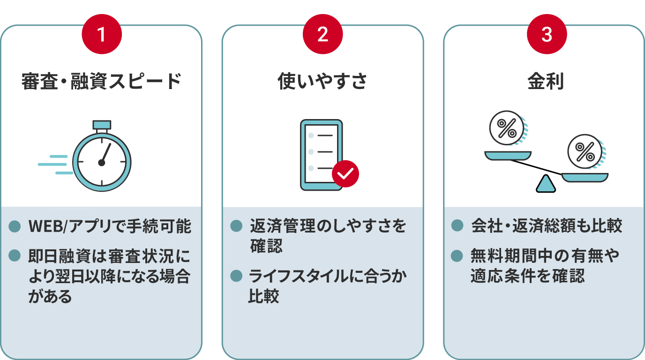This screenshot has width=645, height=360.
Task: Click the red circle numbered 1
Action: tap(102, 34)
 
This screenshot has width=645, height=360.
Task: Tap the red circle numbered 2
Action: tap(323, 34)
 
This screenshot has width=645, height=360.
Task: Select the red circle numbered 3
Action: tap(547, 34)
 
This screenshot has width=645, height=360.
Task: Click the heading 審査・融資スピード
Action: tap(101, 81)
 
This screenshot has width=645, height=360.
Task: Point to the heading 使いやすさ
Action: tap(322, 81)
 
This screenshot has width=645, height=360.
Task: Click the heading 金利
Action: tap(546, 81)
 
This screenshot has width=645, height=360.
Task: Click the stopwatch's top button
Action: tap(102, 125)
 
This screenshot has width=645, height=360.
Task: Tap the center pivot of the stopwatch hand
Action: tap(102, 163)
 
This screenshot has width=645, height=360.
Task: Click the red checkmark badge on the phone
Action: tap(345, 173)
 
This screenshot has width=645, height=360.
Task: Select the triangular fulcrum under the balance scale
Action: tap(546, 184)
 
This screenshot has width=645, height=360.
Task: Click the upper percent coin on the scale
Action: tap(507, 128)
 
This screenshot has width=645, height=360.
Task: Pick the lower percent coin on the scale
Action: tap(585, 152)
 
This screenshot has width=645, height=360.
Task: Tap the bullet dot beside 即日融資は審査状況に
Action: tap(15, 255)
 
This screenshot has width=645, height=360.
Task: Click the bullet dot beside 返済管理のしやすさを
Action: tap(236, 226)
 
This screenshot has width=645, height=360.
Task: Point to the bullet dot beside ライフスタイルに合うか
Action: tap(236, 276)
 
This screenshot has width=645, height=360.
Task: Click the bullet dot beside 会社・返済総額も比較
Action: tap(457, 225)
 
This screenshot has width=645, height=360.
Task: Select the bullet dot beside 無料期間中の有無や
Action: tap(457, 256)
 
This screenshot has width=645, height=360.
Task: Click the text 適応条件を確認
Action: tap(527, 276)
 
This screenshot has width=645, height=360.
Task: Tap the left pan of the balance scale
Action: tap(508, 156)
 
